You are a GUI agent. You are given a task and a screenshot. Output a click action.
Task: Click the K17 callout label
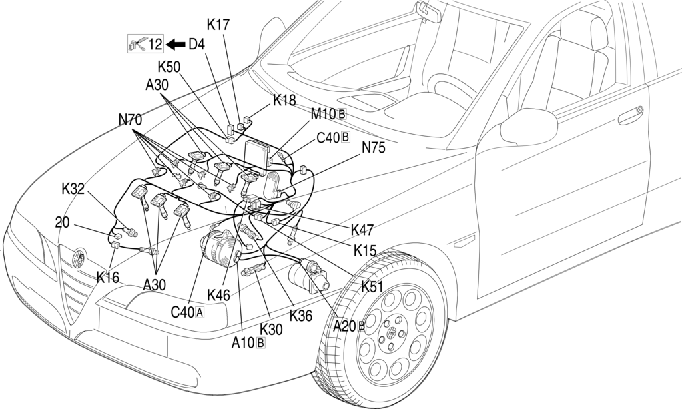click(x=218, y=25)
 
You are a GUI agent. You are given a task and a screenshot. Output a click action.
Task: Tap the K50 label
click(x=169, y=67)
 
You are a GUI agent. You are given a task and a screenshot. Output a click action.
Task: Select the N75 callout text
click(x=373, y=148)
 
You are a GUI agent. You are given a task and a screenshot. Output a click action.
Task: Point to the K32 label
click(x=73, y=189)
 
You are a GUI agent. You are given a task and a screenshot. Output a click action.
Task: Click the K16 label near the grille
click(x=107, y=277)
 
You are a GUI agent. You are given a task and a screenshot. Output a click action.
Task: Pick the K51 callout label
click(x=372, y=286)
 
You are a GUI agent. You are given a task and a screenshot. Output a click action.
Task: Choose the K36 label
click(x=301, y=316)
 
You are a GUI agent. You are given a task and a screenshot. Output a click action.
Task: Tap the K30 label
click(x=271, y=329)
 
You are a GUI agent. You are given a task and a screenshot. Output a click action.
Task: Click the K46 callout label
click(x=218, y=295)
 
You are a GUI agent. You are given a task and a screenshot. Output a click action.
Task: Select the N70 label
click(x=130, y=119)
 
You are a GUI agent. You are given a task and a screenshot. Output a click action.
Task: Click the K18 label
click(x=284, y=100)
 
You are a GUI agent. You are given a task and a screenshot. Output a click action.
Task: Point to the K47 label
click(x=362, y=230)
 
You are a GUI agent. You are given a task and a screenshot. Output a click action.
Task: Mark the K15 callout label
click(x=365, y=251)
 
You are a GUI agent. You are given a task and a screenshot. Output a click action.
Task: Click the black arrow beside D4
click(x=176, y=44)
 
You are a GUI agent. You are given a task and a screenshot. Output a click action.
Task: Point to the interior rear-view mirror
click(x=428, y=12)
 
